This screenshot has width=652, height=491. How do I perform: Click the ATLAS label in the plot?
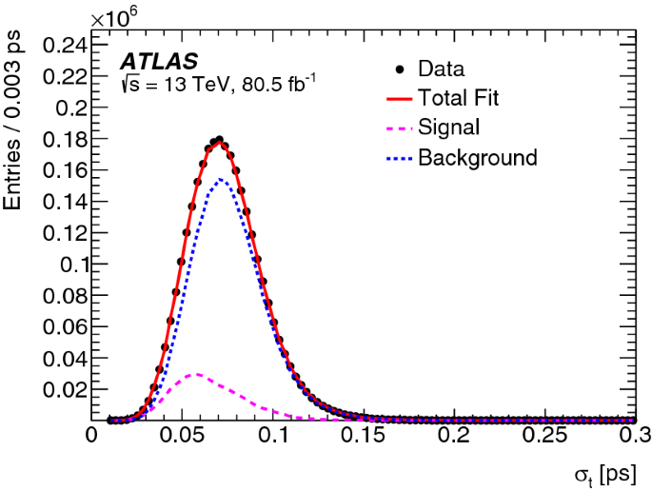click(159, 62)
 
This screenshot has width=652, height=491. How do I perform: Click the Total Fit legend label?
click(458, 97)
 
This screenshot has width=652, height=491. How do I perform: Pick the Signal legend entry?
click(448, 127)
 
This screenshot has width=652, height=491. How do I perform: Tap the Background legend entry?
click(477, 157)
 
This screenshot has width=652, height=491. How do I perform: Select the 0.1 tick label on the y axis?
click(68, 265)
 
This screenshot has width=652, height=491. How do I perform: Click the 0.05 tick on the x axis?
click(183, 436)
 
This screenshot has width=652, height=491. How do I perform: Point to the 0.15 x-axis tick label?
click(365, 436)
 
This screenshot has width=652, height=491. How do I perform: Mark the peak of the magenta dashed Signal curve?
click(196, 374)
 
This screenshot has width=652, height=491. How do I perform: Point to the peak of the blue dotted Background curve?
click(220, 179)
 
